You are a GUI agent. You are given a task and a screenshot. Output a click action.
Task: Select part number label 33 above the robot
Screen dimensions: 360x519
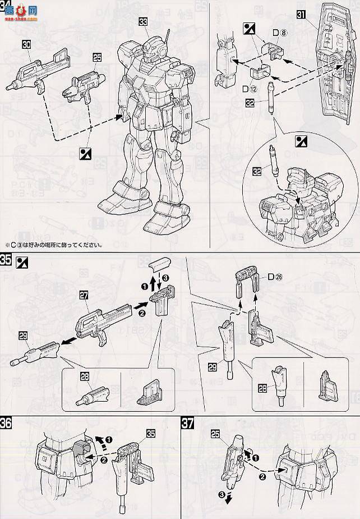pyautogui.click(x=144, y=22)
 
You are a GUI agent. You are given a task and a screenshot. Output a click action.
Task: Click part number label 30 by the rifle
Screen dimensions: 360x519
pyautogui.click(x=27, y=43)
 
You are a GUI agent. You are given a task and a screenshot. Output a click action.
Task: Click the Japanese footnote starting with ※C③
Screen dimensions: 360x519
pyautogui.click(x=53, y=245)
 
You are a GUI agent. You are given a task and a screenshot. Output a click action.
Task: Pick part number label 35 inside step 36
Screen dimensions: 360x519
pyautogui.click(x=150, y=433)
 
